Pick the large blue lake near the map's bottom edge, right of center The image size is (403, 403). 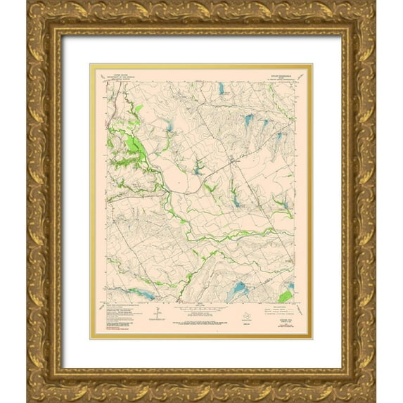(238, 288)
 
